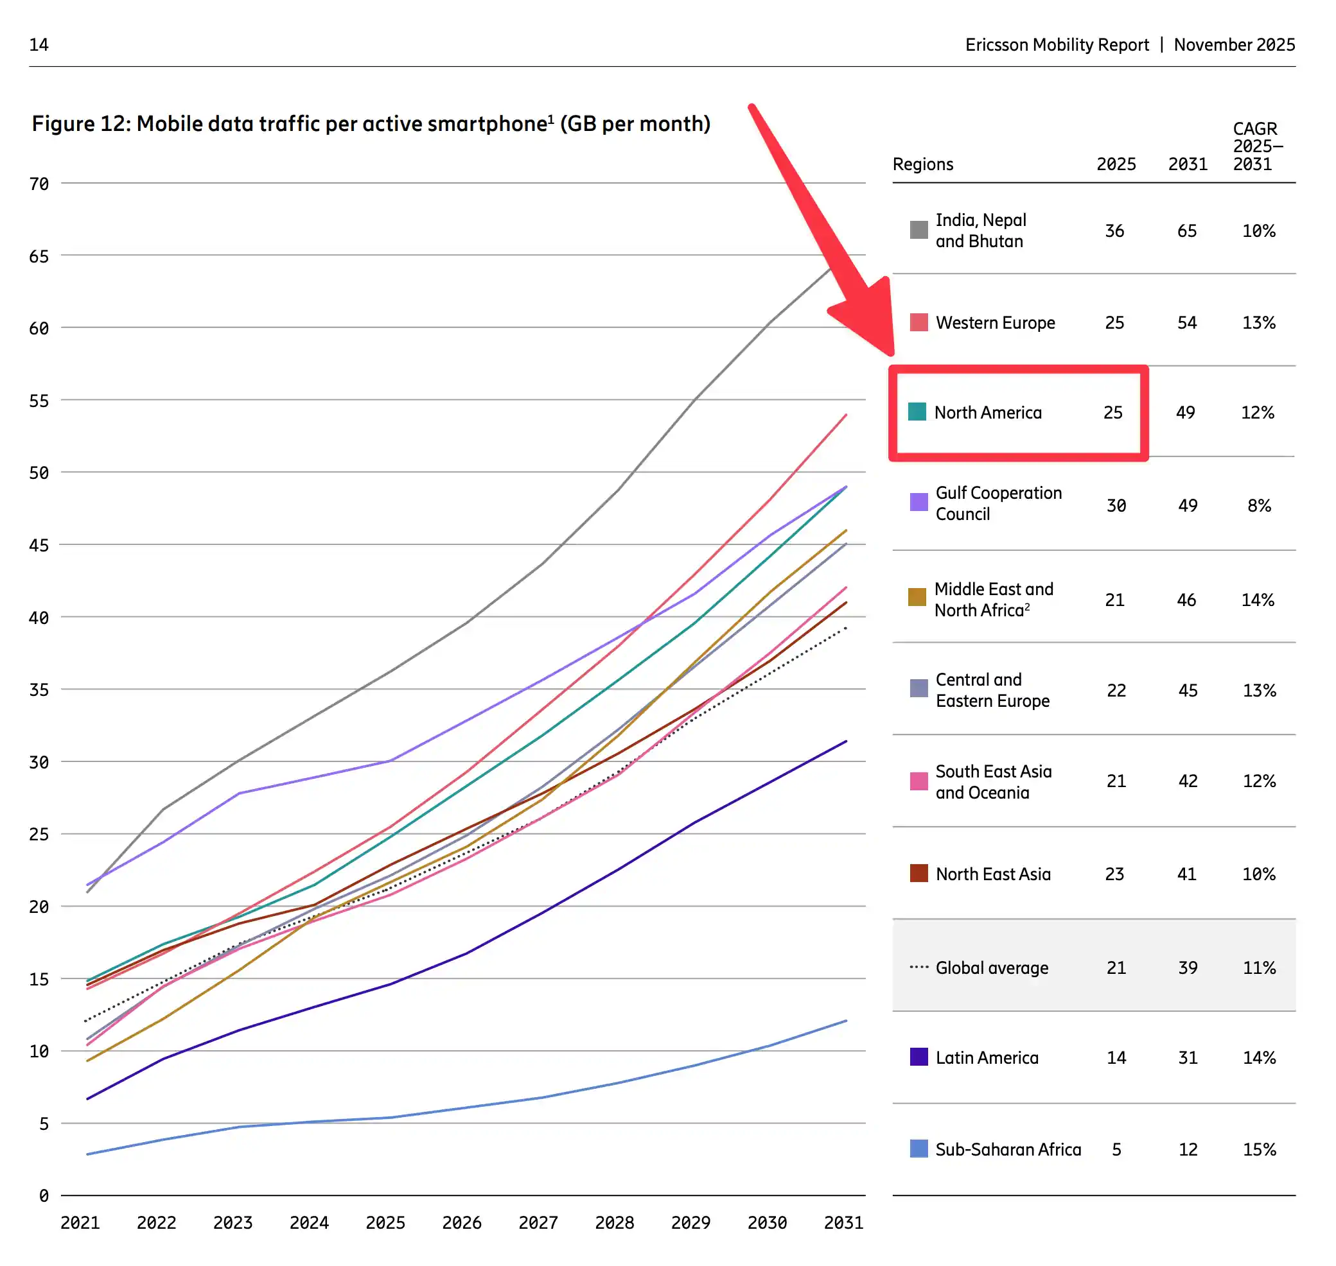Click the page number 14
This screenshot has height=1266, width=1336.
39,44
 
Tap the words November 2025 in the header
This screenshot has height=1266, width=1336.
1233,44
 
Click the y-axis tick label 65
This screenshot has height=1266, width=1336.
39,256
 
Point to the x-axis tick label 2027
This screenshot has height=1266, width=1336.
538,1222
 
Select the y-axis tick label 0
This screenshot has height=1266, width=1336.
43,1195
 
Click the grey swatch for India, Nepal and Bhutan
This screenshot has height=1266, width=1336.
918,230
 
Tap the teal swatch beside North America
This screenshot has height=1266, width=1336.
917,412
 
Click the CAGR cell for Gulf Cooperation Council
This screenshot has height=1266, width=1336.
1258,505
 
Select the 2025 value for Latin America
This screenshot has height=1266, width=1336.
1115,1057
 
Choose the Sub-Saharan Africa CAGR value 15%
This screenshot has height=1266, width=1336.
1258,1149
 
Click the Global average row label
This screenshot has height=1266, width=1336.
991,967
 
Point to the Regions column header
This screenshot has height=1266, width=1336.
922,164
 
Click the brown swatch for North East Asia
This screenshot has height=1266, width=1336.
918,873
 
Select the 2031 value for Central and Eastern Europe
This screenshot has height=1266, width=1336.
1187,690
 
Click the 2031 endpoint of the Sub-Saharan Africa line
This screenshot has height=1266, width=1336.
846,1021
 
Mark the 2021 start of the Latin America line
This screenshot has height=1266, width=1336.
88,1098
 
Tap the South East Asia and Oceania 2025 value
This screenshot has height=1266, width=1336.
1115,781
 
